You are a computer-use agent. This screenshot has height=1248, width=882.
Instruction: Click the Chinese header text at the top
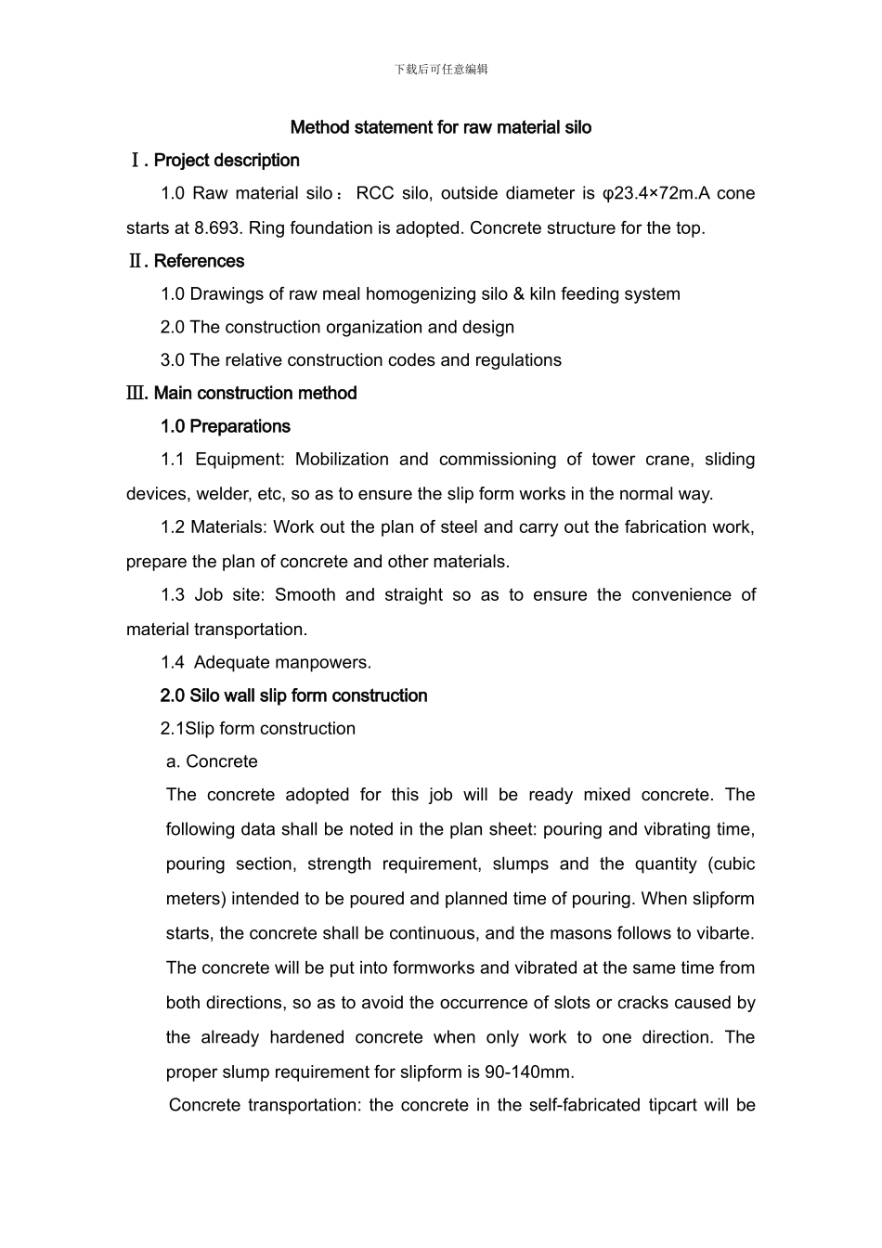point(441,69)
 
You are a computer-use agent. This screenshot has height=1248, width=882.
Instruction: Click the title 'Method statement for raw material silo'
point(441,127)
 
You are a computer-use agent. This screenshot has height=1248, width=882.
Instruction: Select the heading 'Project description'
point(227,161)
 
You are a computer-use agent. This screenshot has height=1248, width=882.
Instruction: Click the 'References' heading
point(199,261)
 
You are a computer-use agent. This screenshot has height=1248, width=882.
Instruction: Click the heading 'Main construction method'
point(254,394)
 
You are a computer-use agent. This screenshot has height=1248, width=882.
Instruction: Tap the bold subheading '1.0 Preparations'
point(225,427)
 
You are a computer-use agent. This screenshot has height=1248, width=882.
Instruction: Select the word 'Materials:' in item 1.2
point(228,527)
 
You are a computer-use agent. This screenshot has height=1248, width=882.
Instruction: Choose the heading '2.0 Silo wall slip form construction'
point(293,696)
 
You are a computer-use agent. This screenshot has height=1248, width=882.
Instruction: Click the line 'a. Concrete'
point(212,762)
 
